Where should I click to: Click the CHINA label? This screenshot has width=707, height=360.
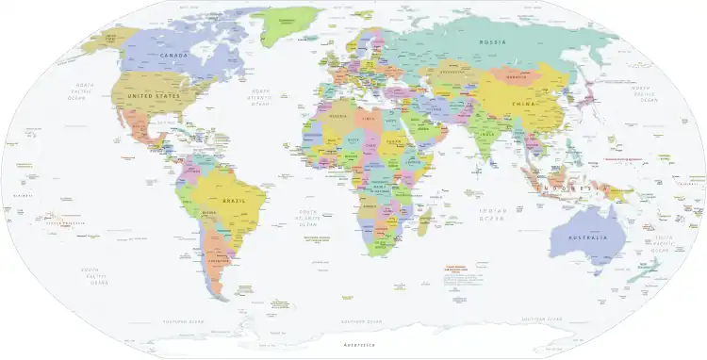click(x=520, y=103)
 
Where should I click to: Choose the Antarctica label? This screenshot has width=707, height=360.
click(x=359, y=347)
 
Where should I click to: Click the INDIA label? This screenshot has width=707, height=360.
click(x=486, y=134)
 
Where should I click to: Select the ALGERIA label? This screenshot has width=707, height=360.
click(x=338, y=117)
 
